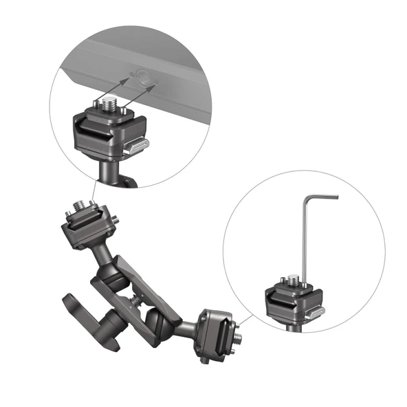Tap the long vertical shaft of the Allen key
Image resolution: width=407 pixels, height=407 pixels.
[305, 234]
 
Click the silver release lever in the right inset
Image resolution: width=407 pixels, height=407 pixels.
[316, 313]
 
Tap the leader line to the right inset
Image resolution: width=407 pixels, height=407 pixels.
[247, 318]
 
